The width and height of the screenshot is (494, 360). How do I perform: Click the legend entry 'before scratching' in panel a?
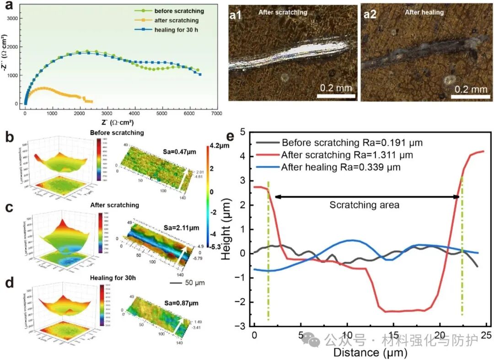179,11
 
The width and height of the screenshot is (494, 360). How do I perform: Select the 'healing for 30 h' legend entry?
176,30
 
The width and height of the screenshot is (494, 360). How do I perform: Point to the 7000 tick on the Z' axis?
217,113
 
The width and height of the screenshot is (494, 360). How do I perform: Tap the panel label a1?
236,14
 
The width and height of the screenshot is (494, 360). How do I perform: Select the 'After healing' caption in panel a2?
424,12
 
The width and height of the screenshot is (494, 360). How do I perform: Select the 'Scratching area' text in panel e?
365,205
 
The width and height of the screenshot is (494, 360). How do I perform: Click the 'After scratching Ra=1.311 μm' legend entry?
347,155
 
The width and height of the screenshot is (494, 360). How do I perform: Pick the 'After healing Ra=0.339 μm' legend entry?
341,167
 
